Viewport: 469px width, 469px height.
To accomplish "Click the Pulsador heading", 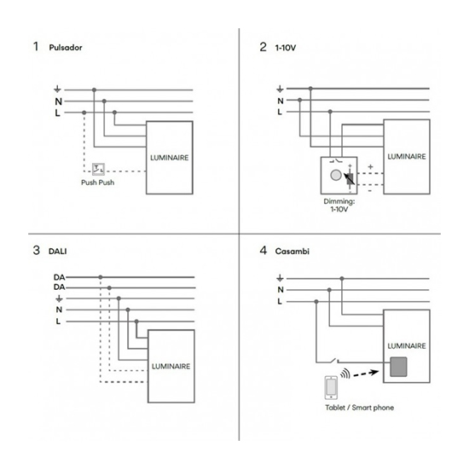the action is pos(66,48).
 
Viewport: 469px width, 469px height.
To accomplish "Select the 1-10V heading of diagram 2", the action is pos(286,48).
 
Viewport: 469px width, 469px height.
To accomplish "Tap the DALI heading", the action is pos(58,252).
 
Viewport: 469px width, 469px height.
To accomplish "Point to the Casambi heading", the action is pos(292,252).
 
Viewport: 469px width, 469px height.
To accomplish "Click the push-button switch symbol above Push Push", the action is pos(98,170).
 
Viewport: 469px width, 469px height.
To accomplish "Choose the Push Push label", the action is pos(98,182).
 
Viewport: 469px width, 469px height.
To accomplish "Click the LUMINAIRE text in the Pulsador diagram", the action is pos(170,158).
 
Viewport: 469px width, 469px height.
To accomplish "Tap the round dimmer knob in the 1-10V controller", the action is pos(336,176).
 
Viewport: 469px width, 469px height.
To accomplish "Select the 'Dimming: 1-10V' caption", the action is pos(339,206).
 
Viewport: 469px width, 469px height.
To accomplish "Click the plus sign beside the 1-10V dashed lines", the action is pos(371,167).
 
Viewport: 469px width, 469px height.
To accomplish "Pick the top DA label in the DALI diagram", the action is pos(59,277).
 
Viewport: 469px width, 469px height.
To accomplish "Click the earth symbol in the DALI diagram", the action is pos(59,298).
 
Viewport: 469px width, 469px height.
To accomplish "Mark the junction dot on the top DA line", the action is pos(101,277).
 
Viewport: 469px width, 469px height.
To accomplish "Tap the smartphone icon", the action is pos(331,388).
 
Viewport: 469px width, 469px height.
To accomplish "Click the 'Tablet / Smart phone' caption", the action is pos(360,408).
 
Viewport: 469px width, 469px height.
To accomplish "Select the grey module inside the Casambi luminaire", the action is pos(398,367).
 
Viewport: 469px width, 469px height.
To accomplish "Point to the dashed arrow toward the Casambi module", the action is pos(366,373).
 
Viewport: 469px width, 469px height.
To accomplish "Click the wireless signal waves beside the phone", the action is pos(345,373).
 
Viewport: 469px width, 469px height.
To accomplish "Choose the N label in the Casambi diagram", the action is pos(281,290).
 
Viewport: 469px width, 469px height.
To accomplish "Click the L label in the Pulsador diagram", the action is pos(57,113).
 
